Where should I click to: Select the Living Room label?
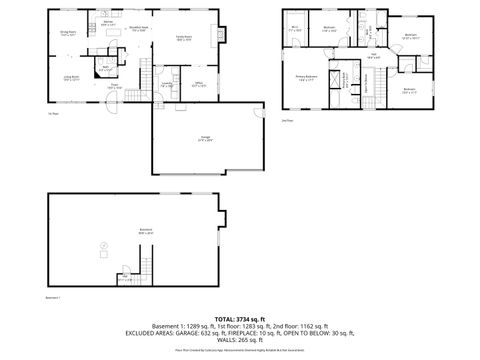72,79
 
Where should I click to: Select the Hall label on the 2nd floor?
373,57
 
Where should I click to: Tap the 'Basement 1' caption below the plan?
54,297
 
